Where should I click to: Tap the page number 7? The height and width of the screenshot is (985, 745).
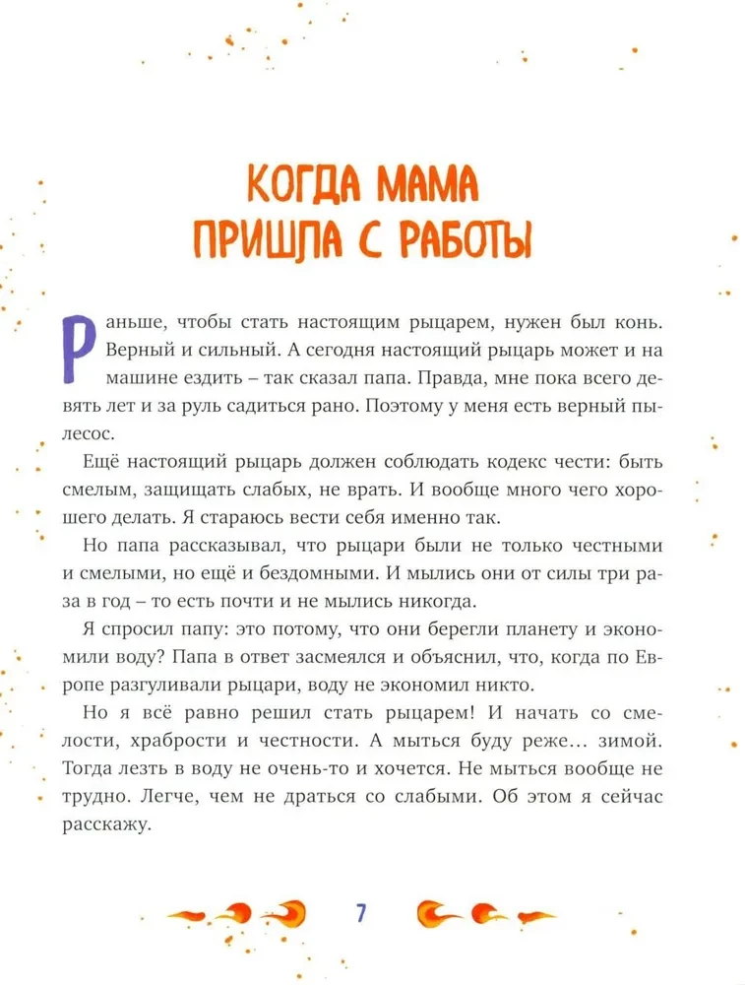pos(361,912)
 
